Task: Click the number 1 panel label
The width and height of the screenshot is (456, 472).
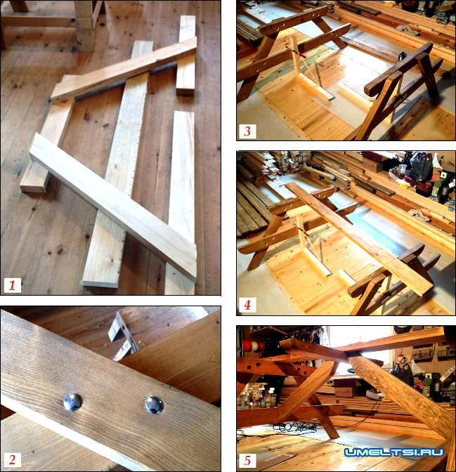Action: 13,285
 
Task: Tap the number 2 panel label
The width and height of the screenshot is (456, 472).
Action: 13,459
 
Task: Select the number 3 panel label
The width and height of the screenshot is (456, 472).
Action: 247,131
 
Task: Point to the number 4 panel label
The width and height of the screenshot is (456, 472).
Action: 247,305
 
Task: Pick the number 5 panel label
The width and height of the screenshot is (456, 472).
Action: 247,461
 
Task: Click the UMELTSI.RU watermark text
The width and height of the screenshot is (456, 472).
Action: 394,452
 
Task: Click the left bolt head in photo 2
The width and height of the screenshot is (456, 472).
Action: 73,402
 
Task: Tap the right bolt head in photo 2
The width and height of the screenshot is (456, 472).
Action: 154,405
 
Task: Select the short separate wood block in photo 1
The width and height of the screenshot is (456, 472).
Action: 185,55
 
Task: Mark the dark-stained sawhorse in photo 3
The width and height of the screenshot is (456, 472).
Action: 400,91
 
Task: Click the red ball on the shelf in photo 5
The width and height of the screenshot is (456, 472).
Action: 247,346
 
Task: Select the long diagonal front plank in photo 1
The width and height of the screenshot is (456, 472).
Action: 113,207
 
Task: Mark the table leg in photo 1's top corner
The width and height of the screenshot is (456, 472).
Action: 85,24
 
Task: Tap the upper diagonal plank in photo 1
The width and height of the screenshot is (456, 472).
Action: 124,70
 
